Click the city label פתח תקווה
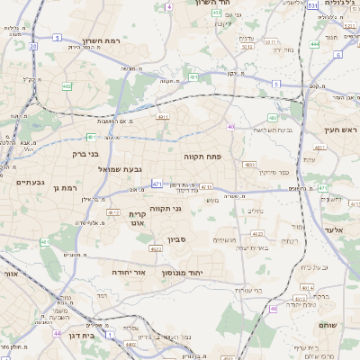[209, 156]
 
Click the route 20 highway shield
[32, 45]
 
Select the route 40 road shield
[231, 127]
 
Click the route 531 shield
[310, 6]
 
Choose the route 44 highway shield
[56, 334]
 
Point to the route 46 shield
[273, 309]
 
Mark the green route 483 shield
[273, 117]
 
